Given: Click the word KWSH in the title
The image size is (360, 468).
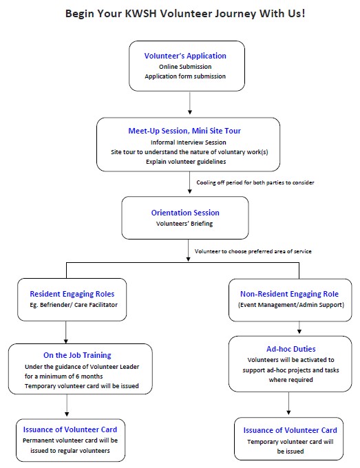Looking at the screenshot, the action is (x=140, y=14).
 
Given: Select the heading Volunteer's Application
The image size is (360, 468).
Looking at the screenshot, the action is (x=185, y=56).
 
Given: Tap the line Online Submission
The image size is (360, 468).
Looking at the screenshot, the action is (x=185, y=67).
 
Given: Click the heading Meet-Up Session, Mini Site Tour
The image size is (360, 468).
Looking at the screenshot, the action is (x=184, y=131).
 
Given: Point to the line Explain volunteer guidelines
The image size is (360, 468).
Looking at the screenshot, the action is (x=186, y=162).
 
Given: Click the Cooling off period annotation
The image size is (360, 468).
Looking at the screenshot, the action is (x=255, y=182).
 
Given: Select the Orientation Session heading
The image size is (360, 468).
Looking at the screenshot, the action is (x=185, y=213).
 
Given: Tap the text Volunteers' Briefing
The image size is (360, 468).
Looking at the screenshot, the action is (x=184, y=224).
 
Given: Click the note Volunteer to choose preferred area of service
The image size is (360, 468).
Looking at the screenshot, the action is (x=253, y=251).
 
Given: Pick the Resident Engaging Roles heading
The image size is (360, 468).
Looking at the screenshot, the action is (x=72, y=294).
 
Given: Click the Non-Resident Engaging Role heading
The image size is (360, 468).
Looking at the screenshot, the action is (x=289, y=294).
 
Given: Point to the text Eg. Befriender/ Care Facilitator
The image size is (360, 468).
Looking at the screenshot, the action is (x=74, y=305).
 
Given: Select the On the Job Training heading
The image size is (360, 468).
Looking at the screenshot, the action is (x=77, y=355).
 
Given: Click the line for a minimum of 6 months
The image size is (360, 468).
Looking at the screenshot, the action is (x=63, y=376).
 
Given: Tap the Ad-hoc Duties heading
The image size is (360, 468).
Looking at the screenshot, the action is (x=290, y=349).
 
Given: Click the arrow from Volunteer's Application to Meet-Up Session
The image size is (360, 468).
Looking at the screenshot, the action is (x=189, y=103).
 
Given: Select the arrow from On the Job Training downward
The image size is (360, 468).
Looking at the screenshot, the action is (x=67, y=405).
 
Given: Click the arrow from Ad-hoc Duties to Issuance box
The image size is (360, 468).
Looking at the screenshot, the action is (x=288, y=403).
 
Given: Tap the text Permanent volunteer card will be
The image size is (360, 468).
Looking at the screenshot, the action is (x=70, y=440).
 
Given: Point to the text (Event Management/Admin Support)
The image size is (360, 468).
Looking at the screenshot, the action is (x=291, y=305).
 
